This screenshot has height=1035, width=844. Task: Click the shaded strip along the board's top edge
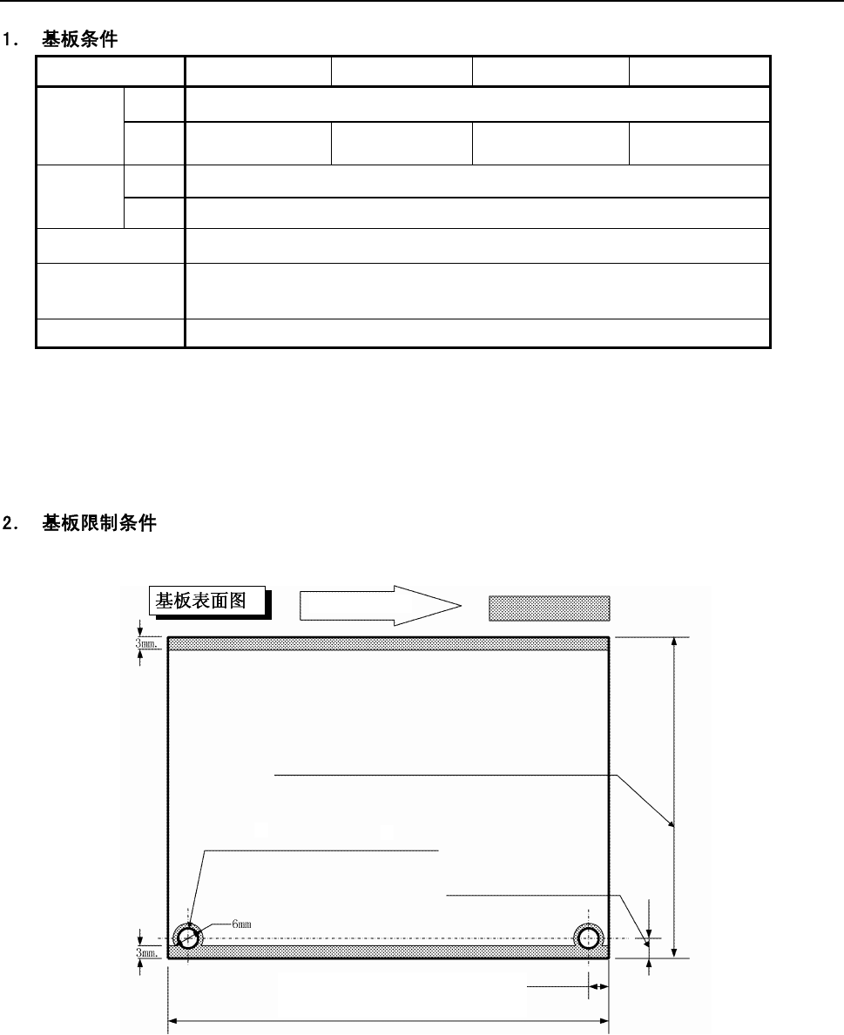pos(388,643)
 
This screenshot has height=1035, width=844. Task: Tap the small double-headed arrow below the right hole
pos(598,987)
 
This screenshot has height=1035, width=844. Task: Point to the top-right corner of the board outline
pos(608,637)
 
